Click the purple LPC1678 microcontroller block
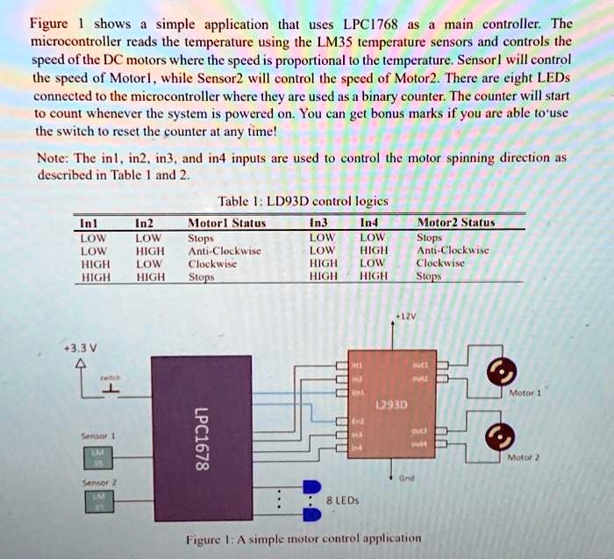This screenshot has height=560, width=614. pos(201,430)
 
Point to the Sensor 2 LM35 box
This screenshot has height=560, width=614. pos(97,501)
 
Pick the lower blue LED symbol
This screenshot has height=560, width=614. pos(311,514)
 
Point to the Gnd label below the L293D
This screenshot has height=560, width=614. pos(405,478)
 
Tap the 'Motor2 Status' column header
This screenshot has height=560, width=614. pos(456,223)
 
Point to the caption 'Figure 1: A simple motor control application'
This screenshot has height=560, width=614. pos(303,538)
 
